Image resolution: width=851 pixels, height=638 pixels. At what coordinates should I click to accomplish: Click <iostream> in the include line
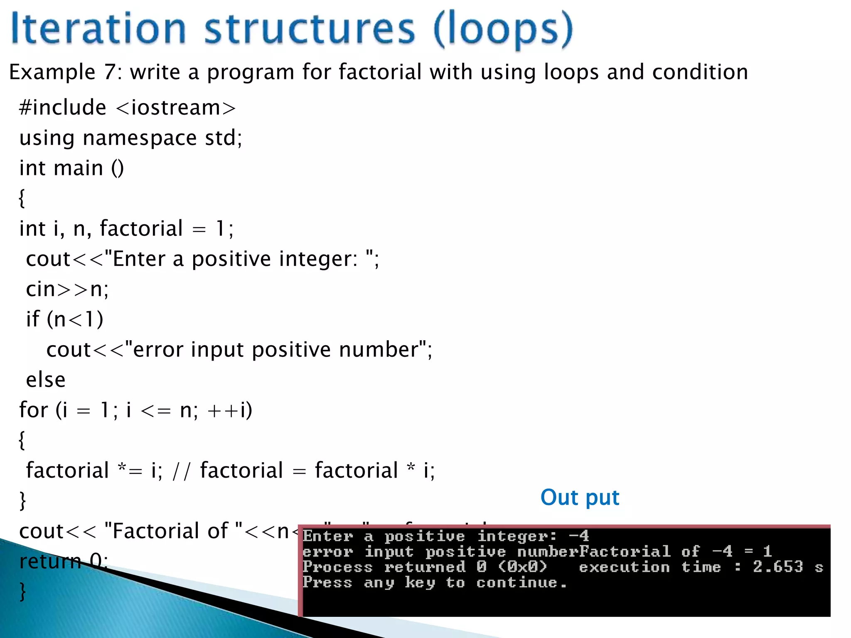click(x=176, y=108)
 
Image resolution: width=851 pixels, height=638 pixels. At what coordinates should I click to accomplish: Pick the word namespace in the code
click(x=140, y=138)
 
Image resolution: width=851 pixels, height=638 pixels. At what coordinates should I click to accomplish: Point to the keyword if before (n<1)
click(x=33, y=319)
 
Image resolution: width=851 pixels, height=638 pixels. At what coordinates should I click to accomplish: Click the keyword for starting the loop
click(x=33, y=410)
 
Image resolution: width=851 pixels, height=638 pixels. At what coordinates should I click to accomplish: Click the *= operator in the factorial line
click(x=130, y=471)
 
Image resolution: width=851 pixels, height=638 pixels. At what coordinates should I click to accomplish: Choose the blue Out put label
click(x=580, y=498)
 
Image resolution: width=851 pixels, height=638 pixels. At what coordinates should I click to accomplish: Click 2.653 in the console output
click(x=777, y=567)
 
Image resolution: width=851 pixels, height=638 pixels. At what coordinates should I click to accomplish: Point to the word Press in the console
click(x=327, y=582)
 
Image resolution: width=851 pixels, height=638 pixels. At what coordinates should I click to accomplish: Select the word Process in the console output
click(x=337, y=567)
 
